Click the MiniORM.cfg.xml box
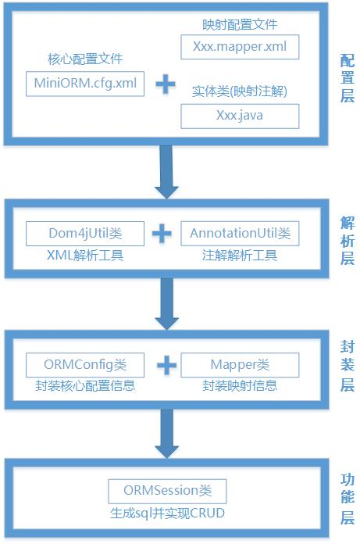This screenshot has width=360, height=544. tap(85, 84)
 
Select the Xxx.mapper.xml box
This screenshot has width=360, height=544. tap(240, 46)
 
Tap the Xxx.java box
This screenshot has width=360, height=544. tap(240, 116)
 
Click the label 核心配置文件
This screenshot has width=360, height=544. tap(85, 59)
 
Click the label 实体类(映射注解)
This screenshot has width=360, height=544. tap(240, 91)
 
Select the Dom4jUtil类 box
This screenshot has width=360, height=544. tap(85, 233)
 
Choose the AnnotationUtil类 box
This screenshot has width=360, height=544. tap(240, 233)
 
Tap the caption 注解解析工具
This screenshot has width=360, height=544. tap(240, 255)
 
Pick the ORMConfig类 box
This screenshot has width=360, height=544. tap(85, 364)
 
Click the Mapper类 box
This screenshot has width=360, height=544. tap(240, 364)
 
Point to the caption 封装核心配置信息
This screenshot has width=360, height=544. tap(85, 385)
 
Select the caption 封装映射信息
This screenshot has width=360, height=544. tap(240, 385)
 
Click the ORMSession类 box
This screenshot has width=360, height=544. tap(167, 491)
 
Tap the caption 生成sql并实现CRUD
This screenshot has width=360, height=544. tap(167, 514)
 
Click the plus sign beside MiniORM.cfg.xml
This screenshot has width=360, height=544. tap(164, 84)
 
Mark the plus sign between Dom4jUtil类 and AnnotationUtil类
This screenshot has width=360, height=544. tap(162, 233)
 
